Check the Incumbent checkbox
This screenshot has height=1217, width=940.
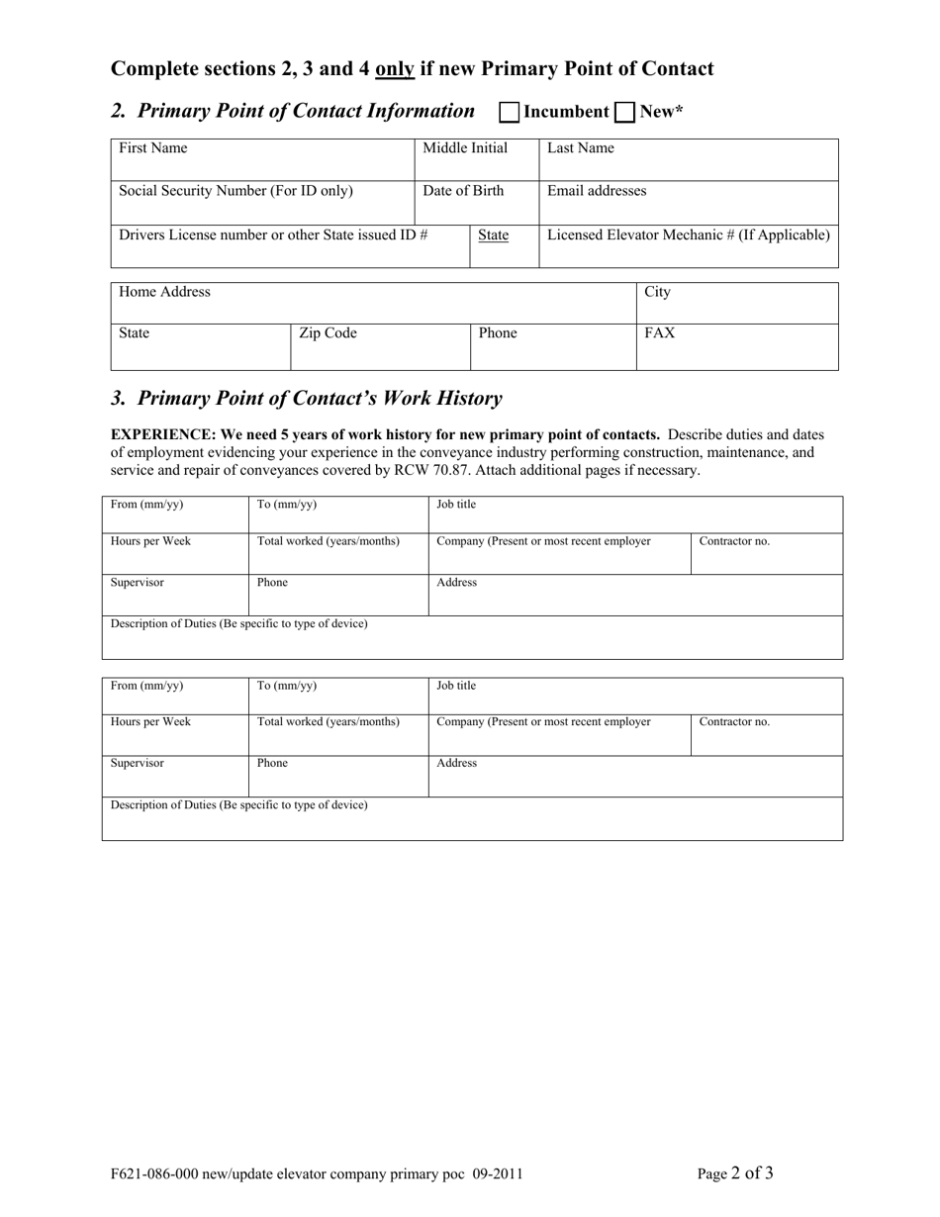coord(510,112)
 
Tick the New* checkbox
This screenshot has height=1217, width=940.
coord(625,112)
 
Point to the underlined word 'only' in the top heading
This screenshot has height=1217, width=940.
coord(395,69)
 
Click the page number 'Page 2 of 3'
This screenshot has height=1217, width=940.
coord(735,1173)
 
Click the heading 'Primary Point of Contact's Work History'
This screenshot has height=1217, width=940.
coord(319,398)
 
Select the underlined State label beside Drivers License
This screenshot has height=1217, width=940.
coord(493,235)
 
